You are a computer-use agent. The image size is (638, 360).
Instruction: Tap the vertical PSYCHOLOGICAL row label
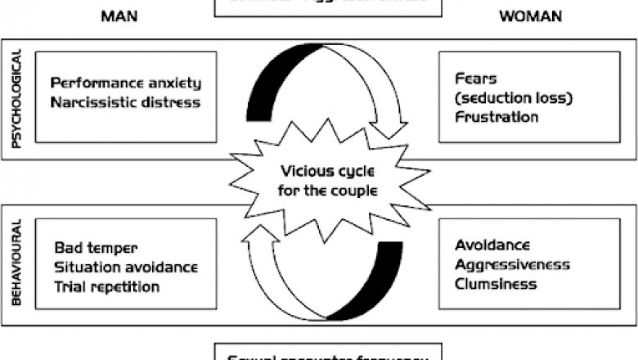coord(16,99)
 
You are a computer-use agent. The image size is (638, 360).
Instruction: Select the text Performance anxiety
coord(125,83)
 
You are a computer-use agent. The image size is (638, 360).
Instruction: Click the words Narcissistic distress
coord(125,101)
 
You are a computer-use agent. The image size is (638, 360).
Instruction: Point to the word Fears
coord(473,79)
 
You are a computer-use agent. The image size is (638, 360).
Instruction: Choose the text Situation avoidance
coord(126,267)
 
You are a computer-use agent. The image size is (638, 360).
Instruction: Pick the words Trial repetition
coord(107,286)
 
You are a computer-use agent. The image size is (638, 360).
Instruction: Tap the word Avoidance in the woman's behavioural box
coord(491,245)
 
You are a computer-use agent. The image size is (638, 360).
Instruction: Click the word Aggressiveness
coord(511,265)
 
